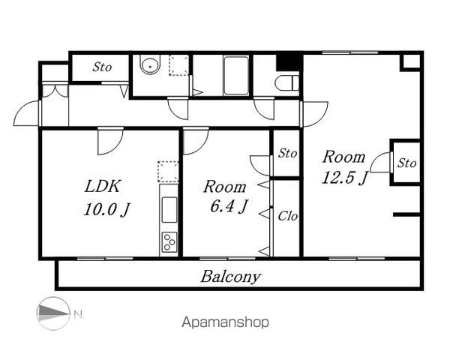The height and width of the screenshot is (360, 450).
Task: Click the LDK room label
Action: click(x=102, y=186)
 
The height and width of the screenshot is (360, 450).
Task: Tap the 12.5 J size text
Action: click(x=344, y=178)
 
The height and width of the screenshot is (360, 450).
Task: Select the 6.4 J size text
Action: click(x=229, y=206)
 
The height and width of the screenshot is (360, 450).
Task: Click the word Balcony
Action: click(x=231, y=277)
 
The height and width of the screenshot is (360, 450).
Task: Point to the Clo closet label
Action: click(x=287, y=216)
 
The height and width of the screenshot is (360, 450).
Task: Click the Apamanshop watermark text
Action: click(x=226, y=322)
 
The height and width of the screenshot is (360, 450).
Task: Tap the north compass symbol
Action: click(x=53, y=313)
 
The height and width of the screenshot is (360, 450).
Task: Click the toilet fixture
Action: click(x=287, y=82)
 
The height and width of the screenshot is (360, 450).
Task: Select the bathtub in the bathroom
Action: click(x=236, y=76)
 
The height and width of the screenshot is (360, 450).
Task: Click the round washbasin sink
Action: click(x=150, y=65)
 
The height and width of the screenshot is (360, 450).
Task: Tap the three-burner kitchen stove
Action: click(x=169, y=242)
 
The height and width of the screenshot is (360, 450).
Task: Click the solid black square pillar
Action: click(x=289, y=61)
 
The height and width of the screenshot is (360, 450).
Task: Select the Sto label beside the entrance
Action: click(x=102, y=67)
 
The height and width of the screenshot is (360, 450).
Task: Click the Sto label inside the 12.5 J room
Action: click(x=406, y=163)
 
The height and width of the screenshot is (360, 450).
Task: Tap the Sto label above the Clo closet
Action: click(x=287, y=153)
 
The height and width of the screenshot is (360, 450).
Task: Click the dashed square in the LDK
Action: click(x=168, y=172)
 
